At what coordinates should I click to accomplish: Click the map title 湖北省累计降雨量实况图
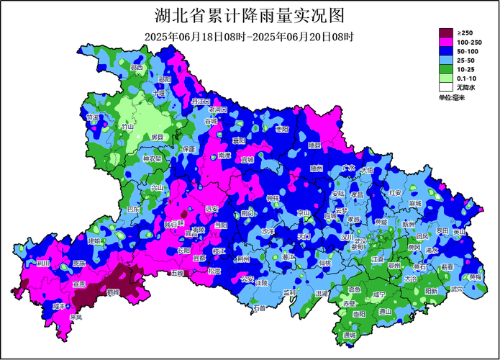[x=250, y=15]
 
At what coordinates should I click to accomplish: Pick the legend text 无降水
[x=466, y=87]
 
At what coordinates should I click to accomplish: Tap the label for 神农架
[x=153, y=158]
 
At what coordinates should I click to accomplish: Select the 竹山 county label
[x=128, y=126]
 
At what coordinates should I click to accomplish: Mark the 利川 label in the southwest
[x=43, y=264]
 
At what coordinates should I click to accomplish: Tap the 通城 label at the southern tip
[x=350, y=336]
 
